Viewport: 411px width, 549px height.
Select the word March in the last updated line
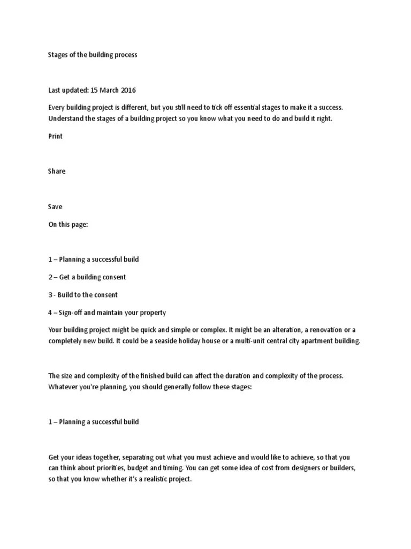(110, 90)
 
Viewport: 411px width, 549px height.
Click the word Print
(55, 136)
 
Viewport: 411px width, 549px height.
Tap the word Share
(56, 171)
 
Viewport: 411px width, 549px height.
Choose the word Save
(55, 206)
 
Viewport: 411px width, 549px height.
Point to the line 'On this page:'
(67, 225)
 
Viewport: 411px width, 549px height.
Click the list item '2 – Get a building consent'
(87, 277)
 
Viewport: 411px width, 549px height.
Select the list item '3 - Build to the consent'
(83, 295)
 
